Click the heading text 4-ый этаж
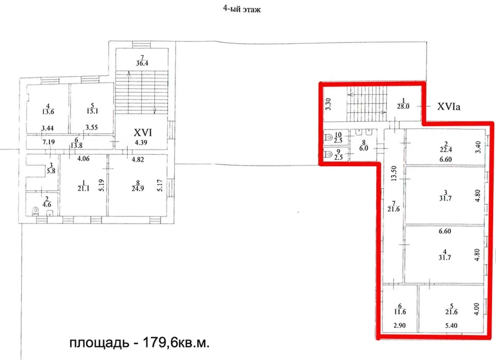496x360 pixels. click(242, 9)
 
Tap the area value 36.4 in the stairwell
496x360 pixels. click(142, 63)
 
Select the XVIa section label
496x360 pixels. click(449, 106)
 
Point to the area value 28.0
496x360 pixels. click(403, 106)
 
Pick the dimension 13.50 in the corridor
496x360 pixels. click(394, 173)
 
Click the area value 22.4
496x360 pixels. click(445, 150)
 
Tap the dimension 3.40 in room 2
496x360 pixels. click(478, 147)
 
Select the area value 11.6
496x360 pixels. click(400, 312)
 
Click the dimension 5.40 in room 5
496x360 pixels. click(451, 325)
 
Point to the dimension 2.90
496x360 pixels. click(399, 325)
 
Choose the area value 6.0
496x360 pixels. click(364, 148)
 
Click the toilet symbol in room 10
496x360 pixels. click(328, 138)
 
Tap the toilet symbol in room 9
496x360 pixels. click(328, 154)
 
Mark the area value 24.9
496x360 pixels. click(138, 189)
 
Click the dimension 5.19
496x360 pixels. click(101, 185)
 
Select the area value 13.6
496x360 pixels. click(48, 111)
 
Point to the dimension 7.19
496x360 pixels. click(48, 142)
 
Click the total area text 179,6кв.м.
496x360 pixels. click(176, 342)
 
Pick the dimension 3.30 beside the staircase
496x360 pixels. click(328, 104)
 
